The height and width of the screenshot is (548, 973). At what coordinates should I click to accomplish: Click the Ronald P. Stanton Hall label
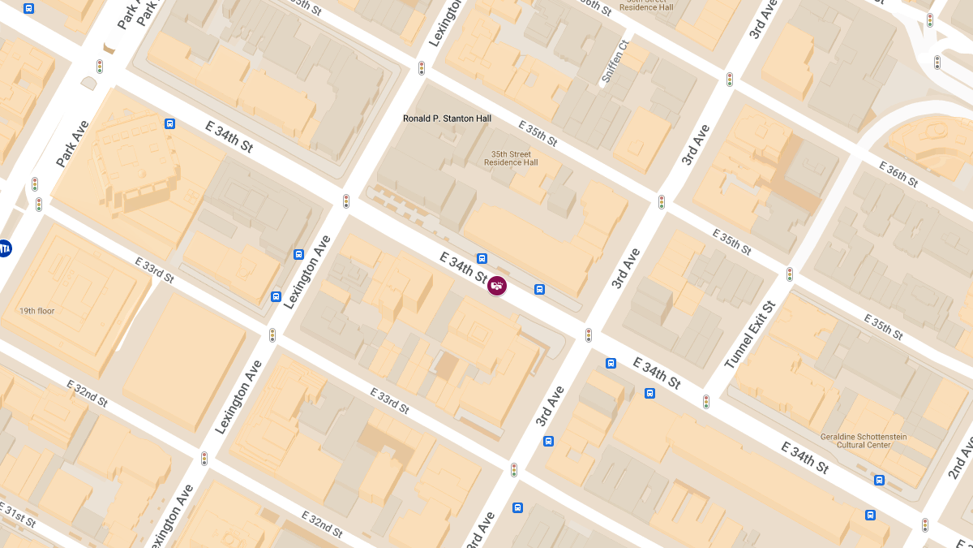447,119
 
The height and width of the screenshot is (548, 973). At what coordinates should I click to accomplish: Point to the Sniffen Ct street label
615,62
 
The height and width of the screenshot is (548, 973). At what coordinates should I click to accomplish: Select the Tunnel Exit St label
750,334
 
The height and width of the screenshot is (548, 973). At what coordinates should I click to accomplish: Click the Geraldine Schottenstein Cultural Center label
863,442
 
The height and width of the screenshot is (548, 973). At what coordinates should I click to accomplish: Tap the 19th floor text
37,311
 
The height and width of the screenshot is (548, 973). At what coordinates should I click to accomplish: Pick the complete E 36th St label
898,174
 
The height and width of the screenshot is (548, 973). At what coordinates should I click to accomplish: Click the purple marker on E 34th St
497,286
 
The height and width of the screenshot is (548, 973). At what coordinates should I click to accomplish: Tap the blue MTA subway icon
5,248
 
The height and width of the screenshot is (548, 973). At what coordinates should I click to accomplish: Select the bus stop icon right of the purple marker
539,290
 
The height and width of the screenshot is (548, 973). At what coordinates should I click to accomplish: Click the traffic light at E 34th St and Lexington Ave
346,201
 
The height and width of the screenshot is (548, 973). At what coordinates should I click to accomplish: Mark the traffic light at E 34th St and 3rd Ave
589,334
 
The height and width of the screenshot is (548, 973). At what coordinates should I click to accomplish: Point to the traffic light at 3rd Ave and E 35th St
662,201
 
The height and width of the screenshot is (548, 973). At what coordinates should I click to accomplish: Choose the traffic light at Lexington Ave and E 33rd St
272,334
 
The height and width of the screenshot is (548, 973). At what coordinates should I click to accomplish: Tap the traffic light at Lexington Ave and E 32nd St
204,459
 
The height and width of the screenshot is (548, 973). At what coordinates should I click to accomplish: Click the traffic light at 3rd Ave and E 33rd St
514,470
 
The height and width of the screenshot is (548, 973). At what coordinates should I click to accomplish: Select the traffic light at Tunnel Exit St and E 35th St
789,274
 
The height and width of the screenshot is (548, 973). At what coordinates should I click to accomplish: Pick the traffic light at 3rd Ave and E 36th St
730,80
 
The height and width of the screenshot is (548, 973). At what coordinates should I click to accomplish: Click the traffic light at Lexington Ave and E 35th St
422,68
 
